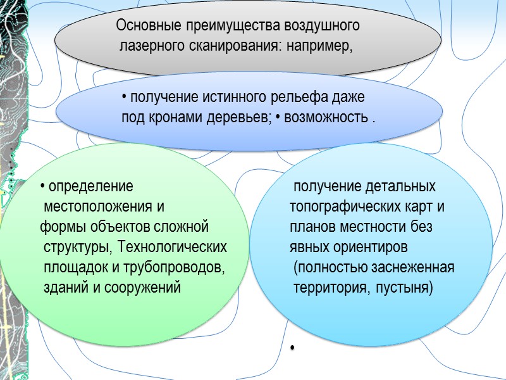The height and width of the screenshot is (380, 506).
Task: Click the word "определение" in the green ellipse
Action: click(91, 187)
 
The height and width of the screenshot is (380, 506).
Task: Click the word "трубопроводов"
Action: click(180, 267)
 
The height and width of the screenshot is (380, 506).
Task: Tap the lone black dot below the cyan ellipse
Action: click(293, 349)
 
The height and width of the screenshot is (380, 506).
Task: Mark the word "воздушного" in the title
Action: click(323, 27)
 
